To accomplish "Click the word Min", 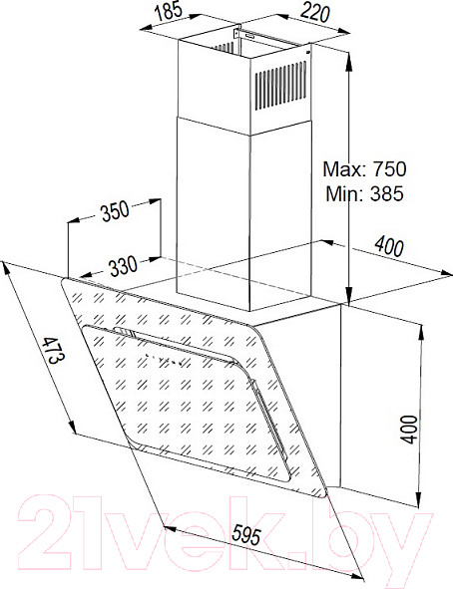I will pyautogui.click(x=346, y=193).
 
